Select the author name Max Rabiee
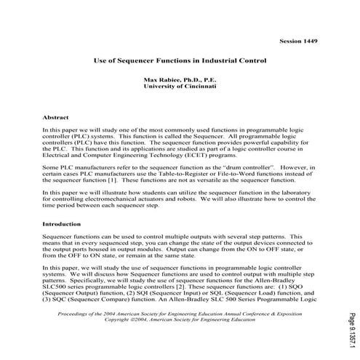click(180, 78)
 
